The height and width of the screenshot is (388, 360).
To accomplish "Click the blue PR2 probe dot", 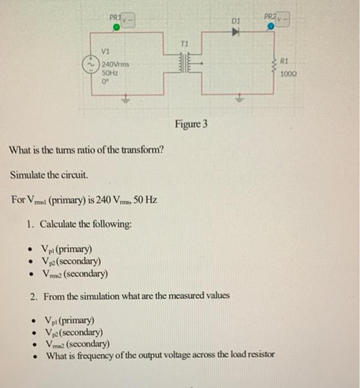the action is coord(270,25).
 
